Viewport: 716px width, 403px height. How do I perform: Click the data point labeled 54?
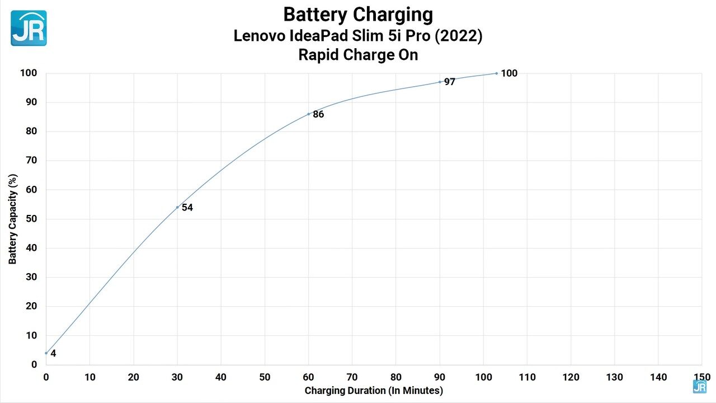coord(177,207)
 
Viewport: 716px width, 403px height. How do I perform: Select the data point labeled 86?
coord(308,114)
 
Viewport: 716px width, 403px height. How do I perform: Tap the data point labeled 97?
coord(440,82)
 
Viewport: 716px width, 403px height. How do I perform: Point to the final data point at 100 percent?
coord(496,73)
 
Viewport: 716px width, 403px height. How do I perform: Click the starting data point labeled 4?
coord(46,353)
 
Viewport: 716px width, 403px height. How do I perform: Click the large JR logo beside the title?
coord(29,28)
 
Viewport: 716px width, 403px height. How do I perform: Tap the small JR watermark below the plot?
coord(699,387)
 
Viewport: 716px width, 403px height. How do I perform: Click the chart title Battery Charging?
coord(358,15)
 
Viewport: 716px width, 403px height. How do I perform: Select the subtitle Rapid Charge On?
coord(358,55)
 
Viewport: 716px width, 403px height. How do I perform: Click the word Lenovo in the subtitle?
coord(260,35)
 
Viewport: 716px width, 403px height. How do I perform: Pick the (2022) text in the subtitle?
coord(458,35)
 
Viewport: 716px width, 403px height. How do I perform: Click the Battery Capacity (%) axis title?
coord(12,219)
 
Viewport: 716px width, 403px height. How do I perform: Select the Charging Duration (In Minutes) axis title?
coord(374,391)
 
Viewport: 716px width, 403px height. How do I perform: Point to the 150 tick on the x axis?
coord(702,377)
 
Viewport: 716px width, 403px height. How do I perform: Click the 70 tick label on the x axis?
coord(352,377)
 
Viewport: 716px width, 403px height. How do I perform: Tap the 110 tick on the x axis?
coord(527,377)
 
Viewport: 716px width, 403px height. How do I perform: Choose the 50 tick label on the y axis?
coord(31,219)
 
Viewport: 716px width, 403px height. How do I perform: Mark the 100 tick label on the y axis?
coord(29,73)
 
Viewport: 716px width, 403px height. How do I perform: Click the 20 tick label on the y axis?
coord(31,306)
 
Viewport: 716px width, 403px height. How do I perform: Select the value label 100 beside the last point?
coord(509,73)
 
